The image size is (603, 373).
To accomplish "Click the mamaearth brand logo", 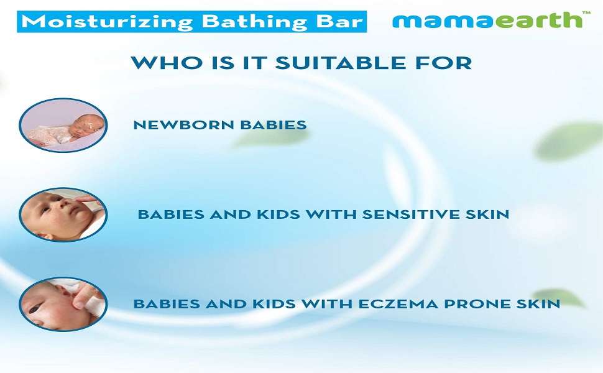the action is tap(491, 20).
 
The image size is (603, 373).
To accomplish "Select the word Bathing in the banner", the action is tap(255, 22).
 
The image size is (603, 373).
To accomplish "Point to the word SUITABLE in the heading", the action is tap(340, 63).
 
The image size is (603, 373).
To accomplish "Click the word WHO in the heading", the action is tap(166, 63).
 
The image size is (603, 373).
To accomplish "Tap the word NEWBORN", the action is tap(183, 125).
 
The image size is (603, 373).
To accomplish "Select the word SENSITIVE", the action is tap(410, 214).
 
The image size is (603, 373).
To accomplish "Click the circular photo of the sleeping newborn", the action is tap(63, 126).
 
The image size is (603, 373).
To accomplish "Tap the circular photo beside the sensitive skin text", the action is tap(63, 214).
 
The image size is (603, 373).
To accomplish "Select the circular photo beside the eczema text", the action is tap(63, 304).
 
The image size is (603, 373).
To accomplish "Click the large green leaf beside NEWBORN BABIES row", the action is tap(568, 140).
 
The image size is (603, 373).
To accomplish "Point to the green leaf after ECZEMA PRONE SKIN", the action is tap(559, 297).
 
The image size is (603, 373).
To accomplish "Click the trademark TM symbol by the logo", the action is tap(586, 12).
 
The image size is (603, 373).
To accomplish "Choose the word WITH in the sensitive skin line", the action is tap(330, 214).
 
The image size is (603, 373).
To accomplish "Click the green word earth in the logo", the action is tap(538, 20).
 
